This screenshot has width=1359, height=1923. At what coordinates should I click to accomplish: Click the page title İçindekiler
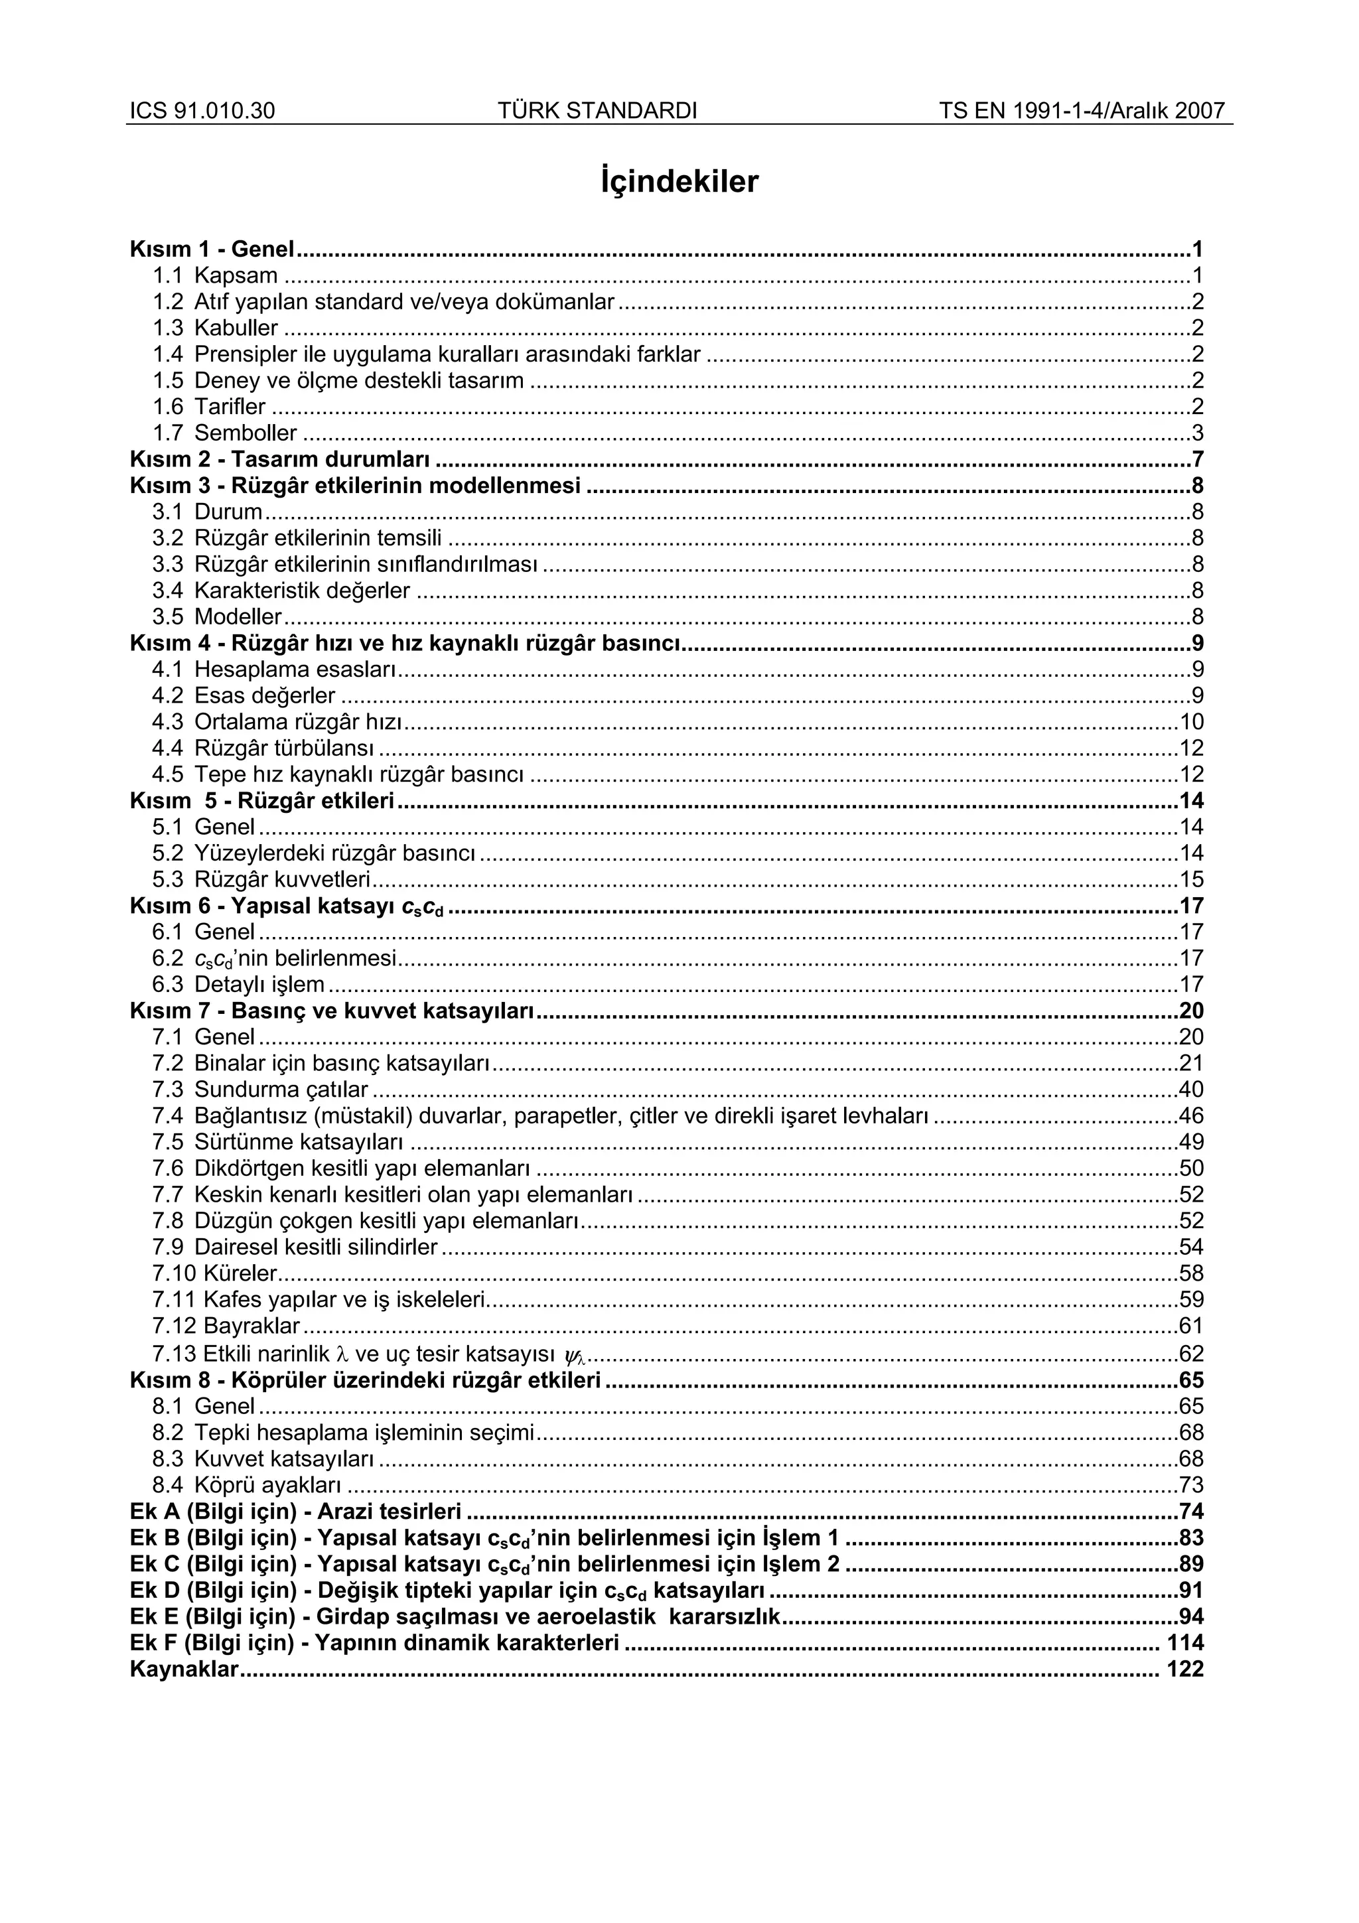pyautogui.click(x=679, y=181)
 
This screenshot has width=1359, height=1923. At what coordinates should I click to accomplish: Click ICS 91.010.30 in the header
pyautogui.click(x=202, y=111)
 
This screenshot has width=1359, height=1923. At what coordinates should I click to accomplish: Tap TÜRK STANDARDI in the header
pyautogui.click(x=597, y=111)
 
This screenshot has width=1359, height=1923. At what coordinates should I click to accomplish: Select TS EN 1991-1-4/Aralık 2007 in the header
pyautogui.click(x=1082, y=111)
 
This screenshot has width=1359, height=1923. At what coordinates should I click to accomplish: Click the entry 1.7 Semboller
pyautogui.click(x=224, y=433)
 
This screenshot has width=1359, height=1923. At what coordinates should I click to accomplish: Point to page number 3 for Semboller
pyautogui.click(x=1196, y=433)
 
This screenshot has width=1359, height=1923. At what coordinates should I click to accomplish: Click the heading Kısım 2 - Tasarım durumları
pyautogui.click(x=281, y=459)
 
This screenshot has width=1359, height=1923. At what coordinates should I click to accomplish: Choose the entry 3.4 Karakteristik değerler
pyautogui.click(x=281, y=591)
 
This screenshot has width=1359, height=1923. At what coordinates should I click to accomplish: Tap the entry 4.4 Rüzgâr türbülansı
pyautogui.click(x=263, y=748)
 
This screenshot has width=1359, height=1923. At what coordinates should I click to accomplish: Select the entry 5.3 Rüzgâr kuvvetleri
pyautogui.click(x=261, y=879)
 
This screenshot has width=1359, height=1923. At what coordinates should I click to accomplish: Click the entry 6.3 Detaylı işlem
pyautogui.click(x=238, y=984)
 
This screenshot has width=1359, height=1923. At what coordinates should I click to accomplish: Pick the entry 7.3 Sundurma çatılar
pyautogui.click(x=259, y=1090)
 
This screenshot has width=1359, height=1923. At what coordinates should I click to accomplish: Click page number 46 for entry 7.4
pyautogui.click(x=1190, y=1115)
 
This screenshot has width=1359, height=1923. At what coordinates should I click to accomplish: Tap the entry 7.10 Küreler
pyautogui.click(x=214, y=1273)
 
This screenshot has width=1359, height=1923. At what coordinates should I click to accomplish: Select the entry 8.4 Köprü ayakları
pyautogui.click(x=246, y=1485)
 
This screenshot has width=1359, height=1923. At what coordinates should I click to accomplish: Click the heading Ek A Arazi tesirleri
pyautogui.click(x=295, y=1511)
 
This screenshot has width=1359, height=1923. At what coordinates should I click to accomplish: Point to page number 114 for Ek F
pyautogui.click(x=1185, y=1642)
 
